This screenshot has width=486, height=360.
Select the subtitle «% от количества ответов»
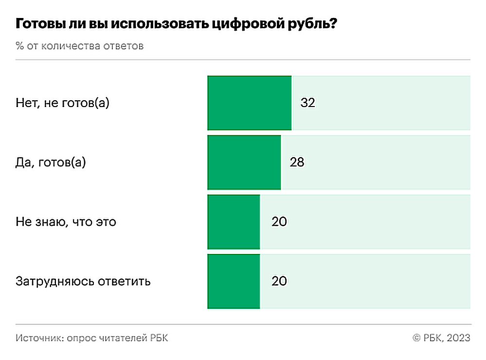(x=80, y=47)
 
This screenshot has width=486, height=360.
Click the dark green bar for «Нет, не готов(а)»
(x=250, y=103)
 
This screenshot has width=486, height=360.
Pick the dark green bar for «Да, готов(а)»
(x=244, y=162)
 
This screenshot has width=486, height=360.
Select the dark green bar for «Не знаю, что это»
(x=234, y=222)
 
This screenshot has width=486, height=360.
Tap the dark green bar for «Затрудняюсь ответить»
(x=234, y=281)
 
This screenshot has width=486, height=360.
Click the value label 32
(x=308, y=103)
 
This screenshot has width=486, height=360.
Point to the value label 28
(x=297, y=162)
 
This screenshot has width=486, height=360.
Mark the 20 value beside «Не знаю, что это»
(x=279, y=222)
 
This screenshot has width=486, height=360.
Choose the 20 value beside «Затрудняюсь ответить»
(x=279, y=281)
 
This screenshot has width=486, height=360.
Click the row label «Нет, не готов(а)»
(x=63, y=103)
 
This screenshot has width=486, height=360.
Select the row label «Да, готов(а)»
(x=51, y=162)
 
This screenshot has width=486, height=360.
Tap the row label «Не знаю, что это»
(x=66, y=222)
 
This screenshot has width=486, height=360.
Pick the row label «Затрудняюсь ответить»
(x=83, y=281)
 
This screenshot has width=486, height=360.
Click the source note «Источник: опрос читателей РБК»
(x=92, y=338)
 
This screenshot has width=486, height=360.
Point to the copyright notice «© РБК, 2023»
(x=441, y=338)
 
